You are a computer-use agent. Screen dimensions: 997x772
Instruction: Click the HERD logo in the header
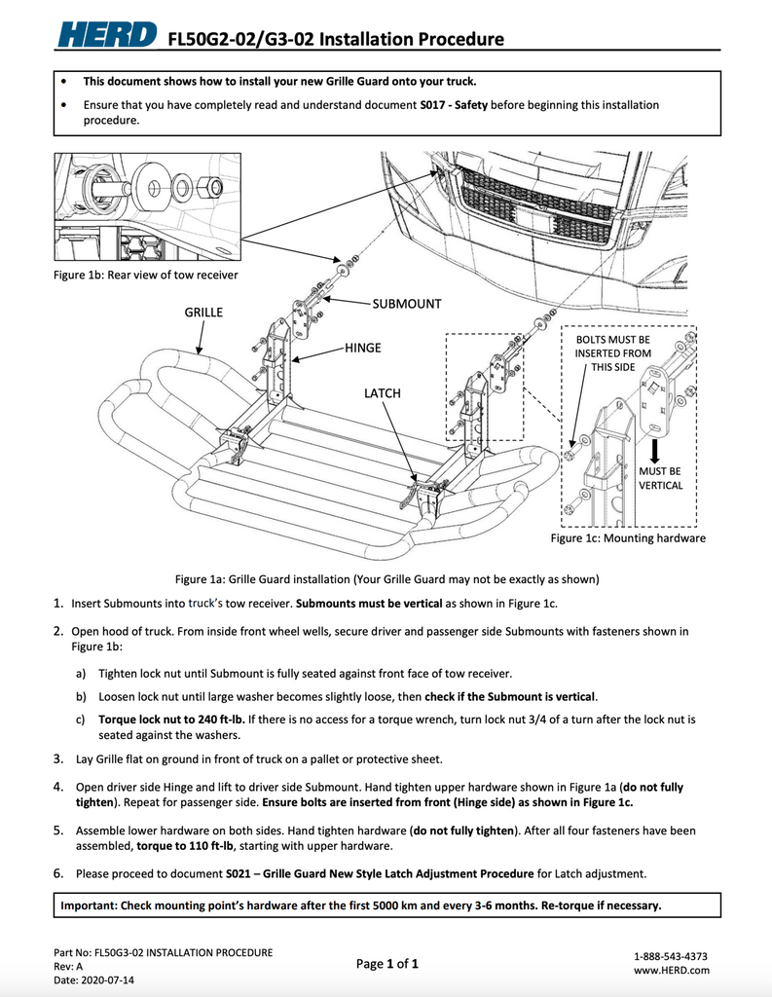pyautogui.click(x=106, y=37)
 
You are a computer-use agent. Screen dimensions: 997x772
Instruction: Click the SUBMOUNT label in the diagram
pyautogui.click(x=407, y=304)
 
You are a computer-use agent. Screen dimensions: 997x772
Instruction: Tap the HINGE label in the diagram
pyautogui.click(x=362, y=348)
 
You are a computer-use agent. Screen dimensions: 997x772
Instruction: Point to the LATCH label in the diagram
pyautogui.click(x=382, y=393)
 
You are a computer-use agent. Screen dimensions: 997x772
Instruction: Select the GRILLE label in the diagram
pyautogui.click(x=203, y=313)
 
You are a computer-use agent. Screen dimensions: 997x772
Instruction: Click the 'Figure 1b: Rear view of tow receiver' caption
pyautogui.click(x=145, y=276)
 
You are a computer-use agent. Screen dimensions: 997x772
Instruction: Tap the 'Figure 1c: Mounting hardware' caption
pyautogui.click(x=628, y=537)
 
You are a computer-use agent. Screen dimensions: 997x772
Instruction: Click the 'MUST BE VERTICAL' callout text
pyautogui.click(x=661, y=478)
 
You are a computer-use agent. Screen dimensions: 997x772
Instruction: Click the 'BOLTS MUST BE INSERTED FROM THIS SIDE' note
pyautogui.click(x=612, y=352)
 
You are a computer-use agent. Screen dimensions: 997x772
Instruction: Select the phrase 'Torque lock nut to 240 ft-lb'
pyautogui.click(x=171, y=720)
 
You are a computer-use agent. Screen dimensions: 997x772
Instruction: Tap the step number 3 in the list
pyautogui.click(x=58, y=758)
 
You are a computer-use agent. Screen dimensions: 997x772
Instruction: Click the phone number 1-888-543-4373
pyautogui.click(x=671, y=956)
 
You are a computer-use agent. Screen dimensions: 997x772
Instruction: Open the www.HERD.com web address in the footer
pyautogui.click(x=671, y=970)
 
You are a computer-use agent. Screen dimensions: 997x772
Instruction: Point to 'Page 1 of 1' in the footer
pyautogui.click(x=387, y=964)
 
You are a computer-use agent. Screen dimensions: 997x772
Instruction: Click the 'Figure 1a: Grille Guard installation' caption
pyautogui.click(x=386, y=579)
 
